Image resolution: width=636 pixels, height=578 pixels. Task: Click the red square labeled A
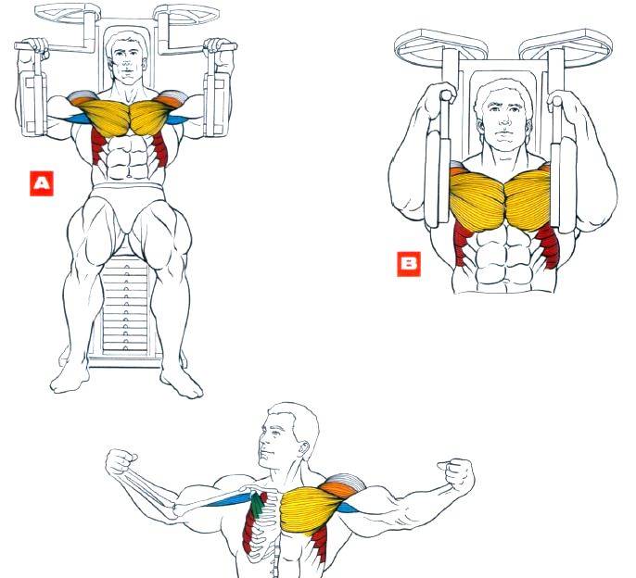[x=42, y=183]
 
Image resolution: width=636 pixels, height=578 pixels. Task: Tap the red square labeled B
[x=409, y=264]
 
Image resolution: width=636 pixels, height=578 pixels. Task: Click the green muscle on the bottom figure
[x=257, y=506]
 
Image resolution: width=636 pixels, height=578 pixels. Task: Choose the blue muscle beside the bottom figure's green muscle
[x=228, y=501]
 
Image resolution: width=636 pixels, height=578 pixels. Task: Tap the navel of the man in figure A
[x=129, y=175]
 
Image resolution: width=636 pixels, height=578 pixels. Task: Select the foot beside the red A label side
[x=70, y=380]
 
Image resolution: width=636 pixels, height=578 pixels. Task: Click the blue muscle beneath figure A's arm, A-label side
[x=77, y=119]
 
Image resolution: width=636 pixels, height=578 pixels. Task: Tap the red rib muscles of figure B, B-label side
[x=461, y=244]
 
